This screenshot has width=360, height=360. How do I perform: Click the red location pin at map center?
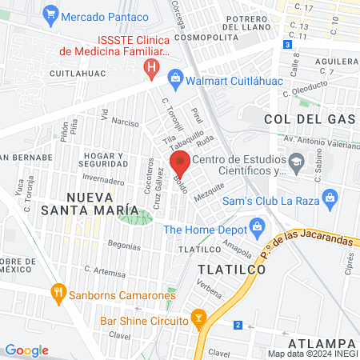point(180,163)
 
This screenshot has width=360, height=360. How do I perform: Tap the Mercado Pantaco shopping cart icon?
point(51,13)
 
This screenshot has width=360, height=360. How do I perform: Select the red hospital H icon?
point(150,71)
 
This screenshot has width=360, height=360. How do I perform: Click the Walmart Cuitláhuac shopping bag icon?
point(175,78)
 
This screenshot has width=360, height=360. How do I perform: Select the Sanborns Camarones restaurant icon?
point(57,293)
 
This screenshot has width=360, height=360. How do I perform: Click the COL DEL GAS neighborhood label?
point(310,118)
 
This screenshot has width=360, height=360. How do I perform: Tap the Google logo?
point(26,350)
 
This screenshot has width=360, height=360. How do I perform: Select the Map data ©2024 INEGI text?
point(312,353)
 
